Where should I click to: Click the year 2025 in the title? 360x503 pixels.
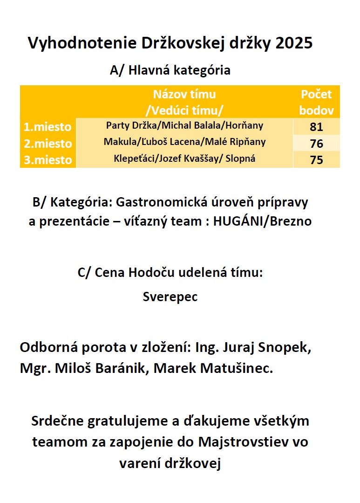point(294,43)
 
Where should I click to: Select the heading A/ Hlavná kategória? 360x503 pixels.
point(170,70)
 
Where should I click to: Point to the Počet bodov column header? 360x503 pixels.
point(316,102)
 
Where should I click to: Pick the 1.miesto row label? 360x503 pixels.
point(48,127)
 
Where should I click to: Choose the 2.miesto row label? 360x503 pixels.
point(48,144)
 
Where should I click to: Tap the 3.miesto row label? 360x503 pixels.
point(48,160)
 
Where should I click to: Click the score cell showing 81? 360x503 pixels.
point(316,127)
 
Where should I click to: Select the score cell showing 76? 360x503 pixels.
point(316,144)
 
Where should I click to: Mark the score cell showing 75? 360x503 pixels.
point(316,160)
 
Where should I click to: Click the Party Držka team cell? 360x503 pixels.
point(184,125)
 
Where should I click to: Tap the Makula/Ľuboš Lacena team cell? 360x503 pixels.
point(184,142)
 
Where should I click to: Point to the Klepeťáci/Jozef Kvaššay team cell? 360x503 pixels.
point(184,158)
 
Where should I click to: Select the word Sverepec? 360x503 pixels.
point(170,297)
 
